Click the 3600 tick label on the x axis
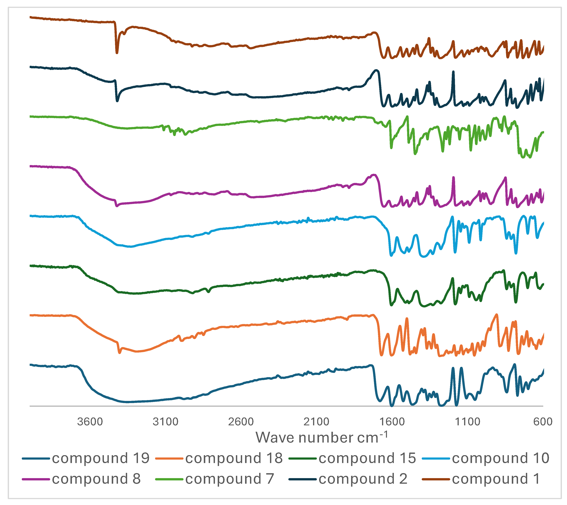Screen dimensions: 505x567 point(90,422)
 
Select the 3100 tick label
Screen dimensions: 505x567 point(165,422)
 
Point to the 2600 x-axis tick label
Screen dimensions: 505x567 point(241,422)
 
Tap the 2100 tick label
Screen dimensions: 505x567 point(316,422)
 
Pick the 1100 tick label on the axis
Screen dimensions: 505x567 point(467,422)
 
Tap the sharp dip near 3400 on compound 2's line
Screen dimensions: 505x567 point(117,100)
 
